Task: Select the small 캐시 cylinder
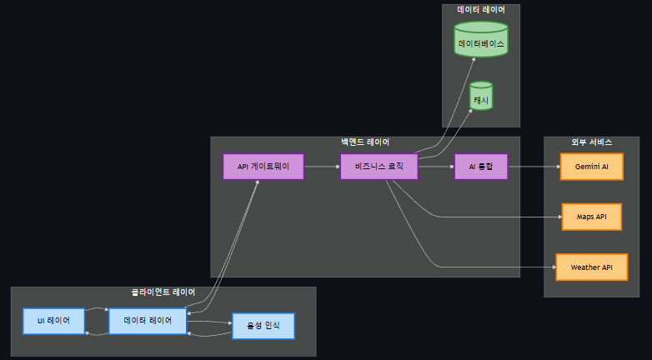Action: tap(481, 97)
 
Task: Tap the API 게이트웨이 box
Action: tap(263, 167)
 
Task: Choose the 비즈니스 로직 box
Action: tap(379, 167)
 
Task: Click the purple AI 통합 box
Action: tap(480, 167)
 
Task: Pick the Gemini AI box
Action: tap(591, 167)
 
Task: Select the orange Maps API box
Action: tap(591, 217)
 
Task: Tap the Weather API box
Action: tap(591, 267)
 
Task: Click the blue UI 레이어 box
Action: tap(53, 321)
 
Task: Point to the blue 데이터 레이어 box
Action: tap(148, 321)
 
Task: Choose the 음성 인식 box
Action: tap(263, 326)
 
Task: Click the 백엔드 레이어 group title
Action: tap(365, 142)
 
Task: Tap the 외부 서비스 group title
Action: tap(591, 142)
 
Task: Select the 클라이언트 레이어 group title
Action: tap(163, 292)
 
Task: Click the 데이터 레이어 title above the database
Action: tap(481, 10)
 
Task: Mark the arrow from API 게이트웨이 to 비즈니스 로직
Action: tap(322, 167)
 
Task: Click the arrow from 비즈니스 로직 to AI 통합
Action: tap(435, 167)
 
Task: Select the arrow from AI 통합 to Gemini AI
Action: tap(534, 167)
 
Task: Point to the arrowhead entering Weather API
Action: tap(552, 267)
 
